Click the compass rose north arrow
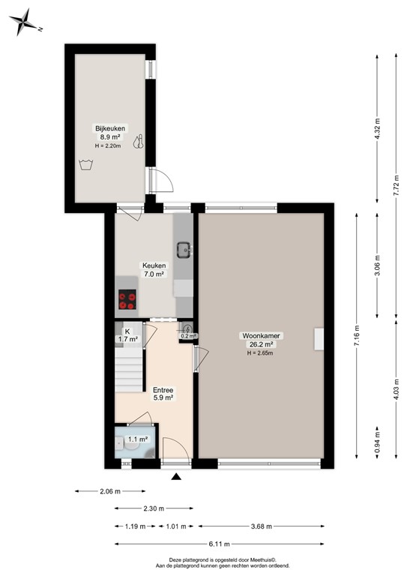tap(25, 22)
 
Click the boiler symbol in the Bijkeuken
tap(139, 141)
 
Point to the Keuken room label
tap(154, 265)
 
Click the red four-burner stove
tap(127, 300)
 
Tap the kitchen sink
tap(183, 247)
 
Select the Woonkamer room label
tap(259, 335)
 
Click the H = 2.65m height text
tap(259, 353)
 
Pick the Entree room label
tap(163, 390)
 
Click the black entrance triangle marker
tap(176, 476)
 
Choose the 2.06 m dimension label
tap(111, 491)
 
